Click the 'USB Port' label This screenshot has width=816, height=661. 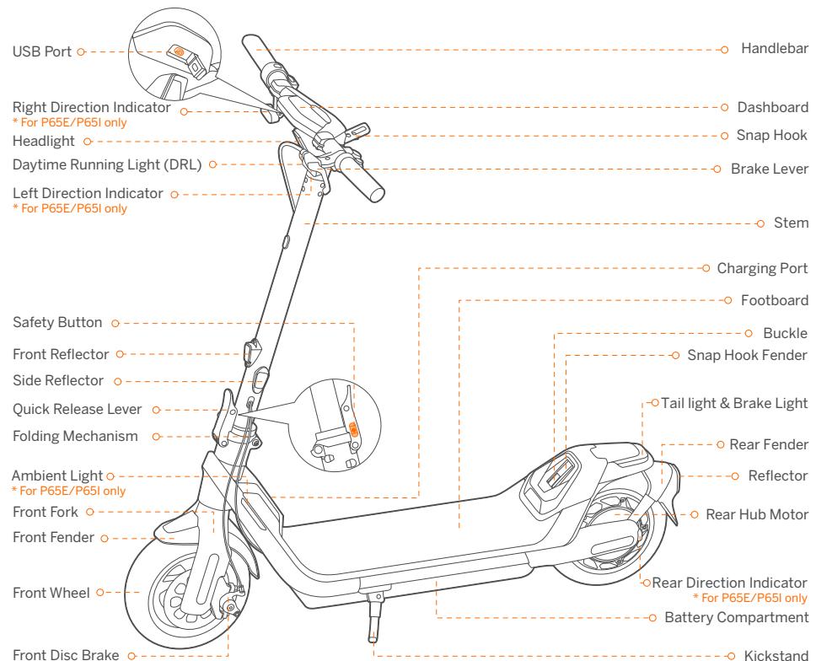(x=42, y=52)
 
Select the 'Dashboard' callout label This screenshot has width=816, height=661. (x=773, y=108)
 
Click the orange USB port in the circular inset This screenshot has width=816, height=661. (x=178, y=51)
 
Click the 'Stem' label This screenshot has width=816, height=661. (x=792, y=224)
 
